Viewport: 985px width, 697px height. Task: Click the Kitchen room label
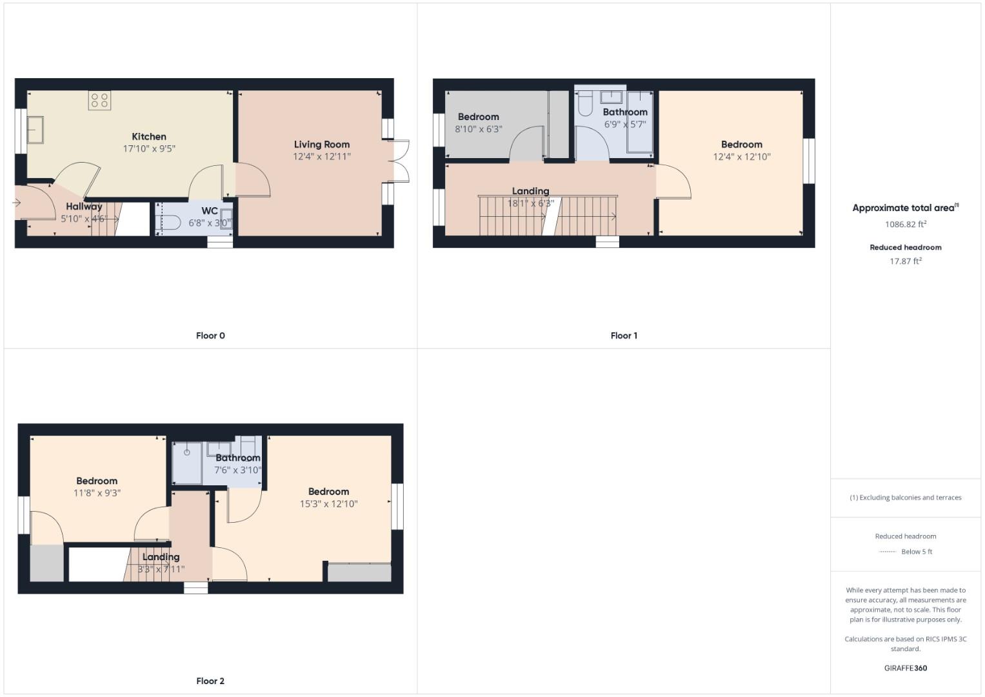(149, 137)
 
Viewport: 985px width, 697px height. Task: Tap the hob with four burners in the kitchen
(99, 100)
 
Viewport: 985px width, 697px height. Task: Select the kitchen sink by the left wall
(35, 130)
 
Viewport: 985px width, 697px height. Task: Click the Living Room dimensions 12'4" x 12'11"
(322, 156)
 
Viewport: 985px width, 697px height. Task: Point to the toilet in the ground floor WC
(169, 222)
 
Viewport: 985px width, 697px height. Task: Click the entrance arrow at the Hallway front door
(17, 203)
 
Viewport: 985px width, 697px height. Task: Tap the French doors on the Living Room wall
(400, 161)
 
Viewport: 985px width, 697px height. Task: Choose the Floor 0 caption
(210, 336)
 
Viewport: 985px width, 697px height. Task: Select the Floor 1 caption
(624, 336)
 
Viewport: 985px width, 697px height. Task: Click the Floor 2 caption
(210, 681)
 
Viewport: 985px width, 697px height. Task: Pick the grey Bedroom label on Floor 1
(478, 117)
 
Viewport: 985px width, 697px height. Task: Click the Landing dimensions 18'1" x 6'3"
(530, 203)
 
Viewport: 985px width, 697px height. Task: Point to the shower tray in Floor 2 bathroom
(186, 462)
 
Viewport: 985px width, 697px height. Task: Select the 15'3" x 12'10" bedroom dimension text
(328, 504)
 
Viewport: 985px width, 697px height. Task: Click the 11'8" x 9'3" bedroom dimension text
(97, 493)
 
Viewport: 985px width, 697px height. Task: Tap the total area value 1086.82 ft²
(906, 225)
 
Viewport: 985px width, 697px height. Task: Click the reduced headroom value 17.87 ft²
(906, 261)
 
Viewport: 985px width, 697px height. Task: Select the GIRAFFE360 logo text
(906, 668)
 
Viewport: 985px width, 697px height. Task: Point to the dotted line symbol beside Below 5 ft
(888, 552)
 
